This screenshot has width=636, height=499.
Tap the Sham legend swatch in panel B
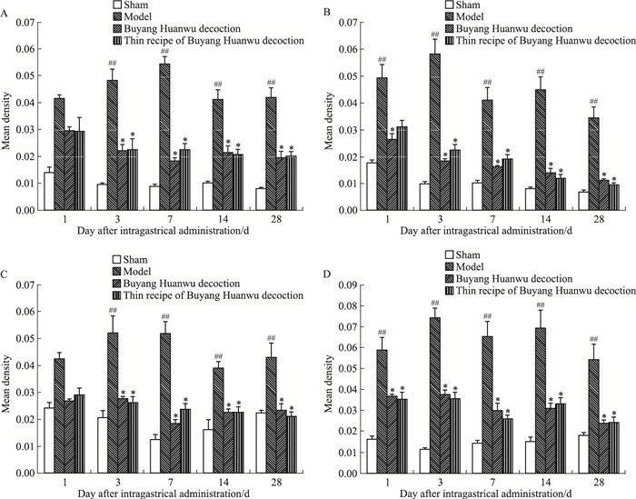coord(450,6)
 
